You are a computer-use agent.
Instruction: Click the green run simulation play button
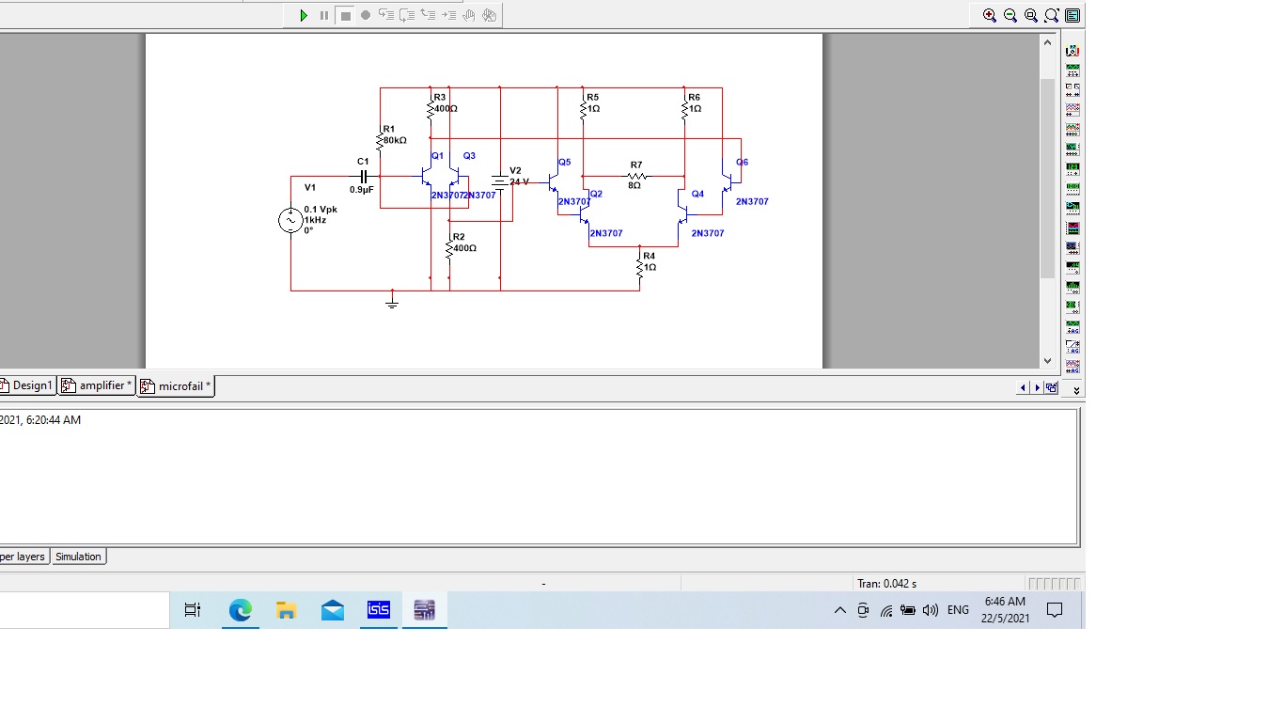(x=304, y=15)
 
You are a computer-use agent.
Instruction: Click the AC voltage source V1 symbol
(x=290, y=221)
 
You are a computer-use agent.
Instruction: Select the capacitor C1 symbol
(x=364, y=176)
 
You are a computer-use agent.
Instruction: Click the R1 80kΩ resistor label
(x=394, y=134)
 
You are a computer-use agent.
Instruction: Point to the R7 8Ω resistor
(x=636, y=176)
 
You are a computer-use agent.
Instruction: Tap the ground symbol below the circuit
(x=392, y=302)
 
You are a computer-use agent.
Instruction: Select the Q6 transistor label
(x=742, y=162)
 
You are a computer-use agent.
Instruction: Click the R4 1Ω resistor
(x=640, y=267)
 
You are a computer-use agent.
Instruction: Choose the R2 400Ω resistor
(x=449, y=248)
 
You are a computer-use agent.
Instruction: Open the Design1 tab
(x=29, y=385)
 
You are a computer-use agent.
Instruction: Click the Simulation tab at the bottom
(x=78, y=557)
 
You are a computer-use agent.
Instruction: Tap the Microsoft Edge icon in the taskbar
(x=241, y=610)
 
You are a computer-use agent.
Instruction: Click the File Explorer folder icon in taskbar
(x=287, y=610)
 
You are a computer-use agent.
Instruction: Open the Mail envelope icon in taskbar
(x=333, y=610)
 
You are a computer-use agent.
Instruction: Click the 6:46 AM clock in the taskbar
(x=1005, y=609)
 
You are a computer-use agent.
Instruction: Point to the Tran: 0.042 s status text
(x=886, y=584)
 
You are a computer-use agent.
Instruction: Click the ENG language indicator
(x=958, y=610)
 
